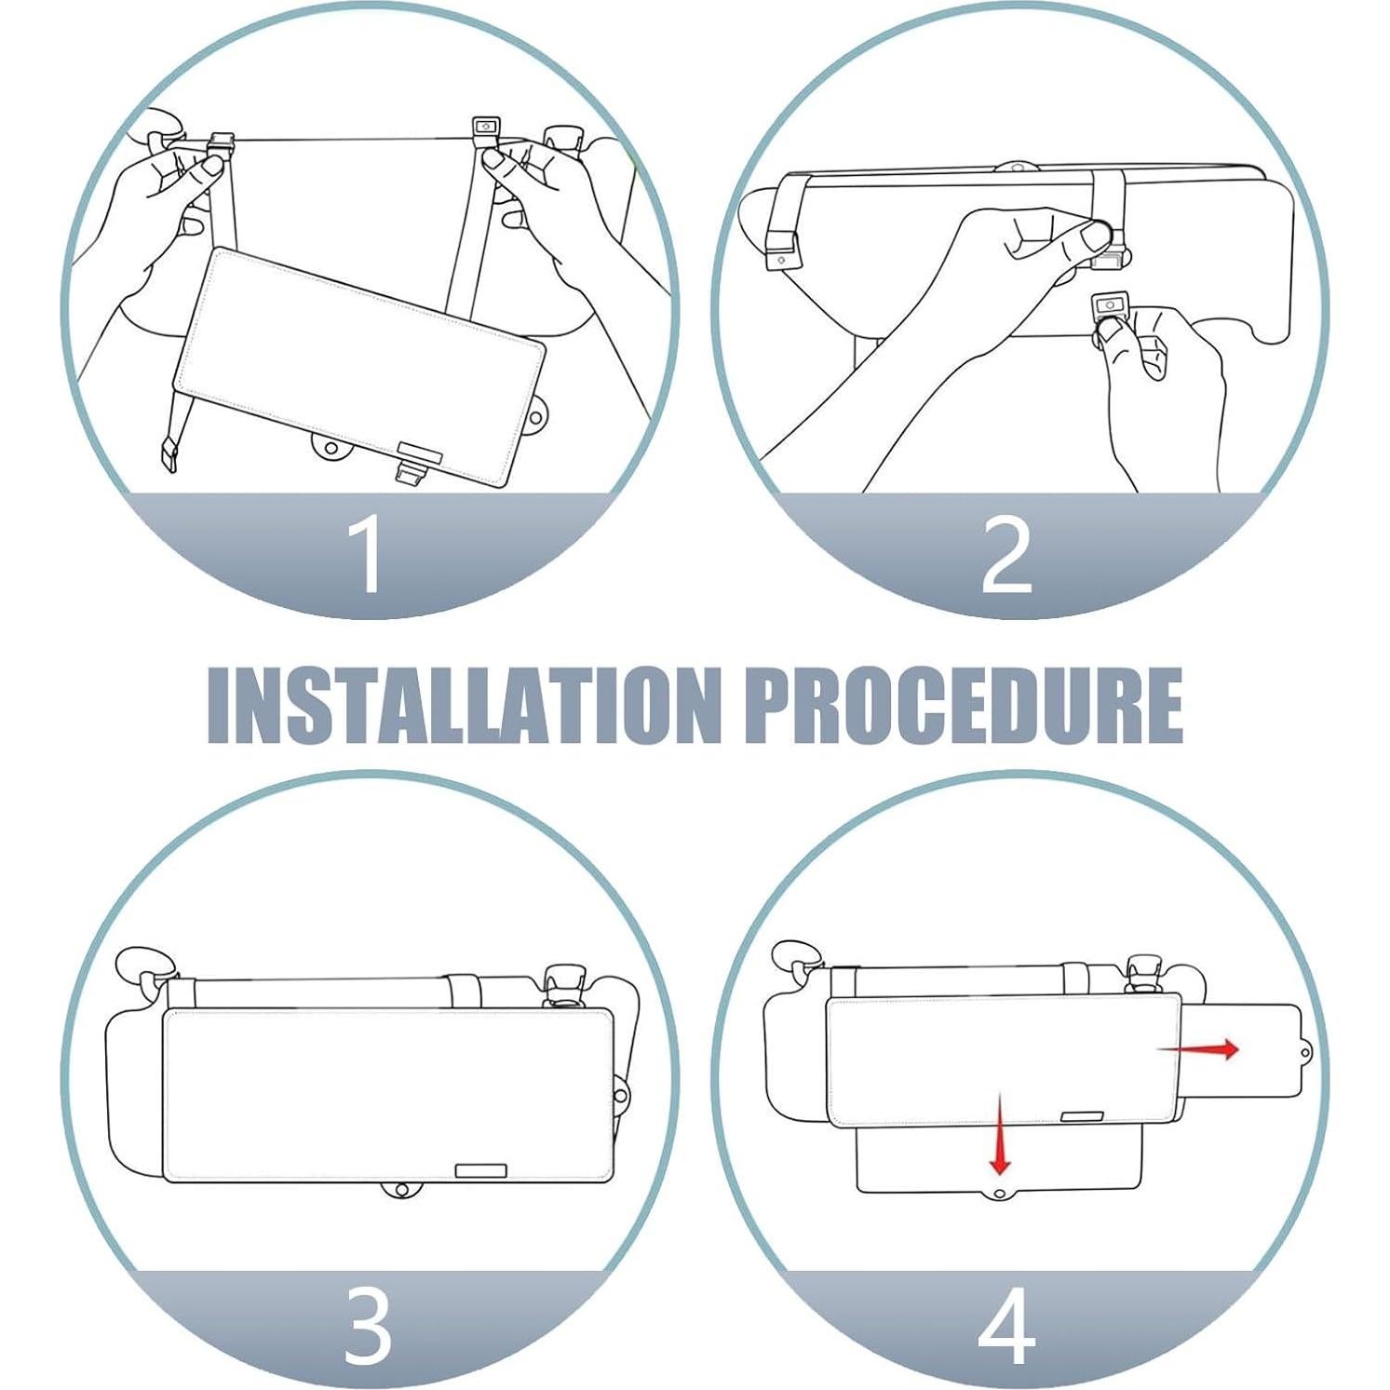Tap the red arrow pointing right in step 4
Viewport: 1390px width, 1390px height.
(x=1198, y=1049)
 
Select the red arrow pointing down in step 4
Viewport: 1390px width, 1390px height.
(x=1001, y=1134)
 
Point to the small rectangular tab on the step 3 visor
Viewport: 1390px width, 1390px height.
(x=480, y=1170)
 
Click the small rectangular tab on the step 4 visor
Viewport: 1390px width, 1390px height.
(x=1082, y=1115)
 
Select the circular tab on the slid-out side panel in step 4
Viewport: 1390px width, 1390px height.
(x=1305, y=1053)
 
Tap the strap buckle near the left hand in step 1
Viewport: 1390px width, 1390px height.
(x=220, y=144)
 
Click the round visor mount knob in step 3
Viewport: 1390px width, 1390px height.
(x=563, y=985)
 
